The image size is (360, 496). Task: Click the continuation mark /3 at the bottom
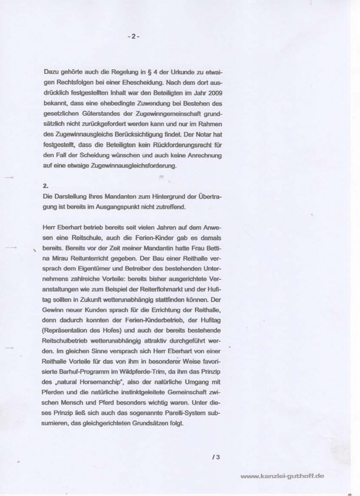[x=216, y=456]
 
